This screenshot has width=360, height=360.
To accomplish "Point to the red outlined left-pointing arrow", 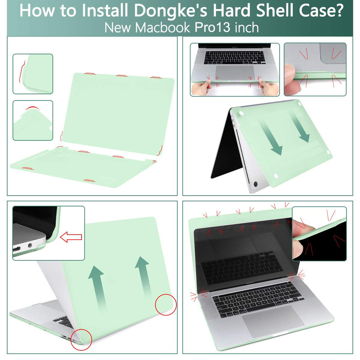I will [x=71, y=237].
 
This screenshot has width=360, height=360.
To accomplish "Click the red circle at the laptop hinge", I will [x=82, y=340].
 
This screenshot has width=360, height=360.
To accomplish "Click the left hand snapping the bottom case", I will [x=200, y=88].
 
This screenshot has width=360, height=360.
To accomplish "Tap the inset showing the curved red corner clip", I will [x=33, y=74].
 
